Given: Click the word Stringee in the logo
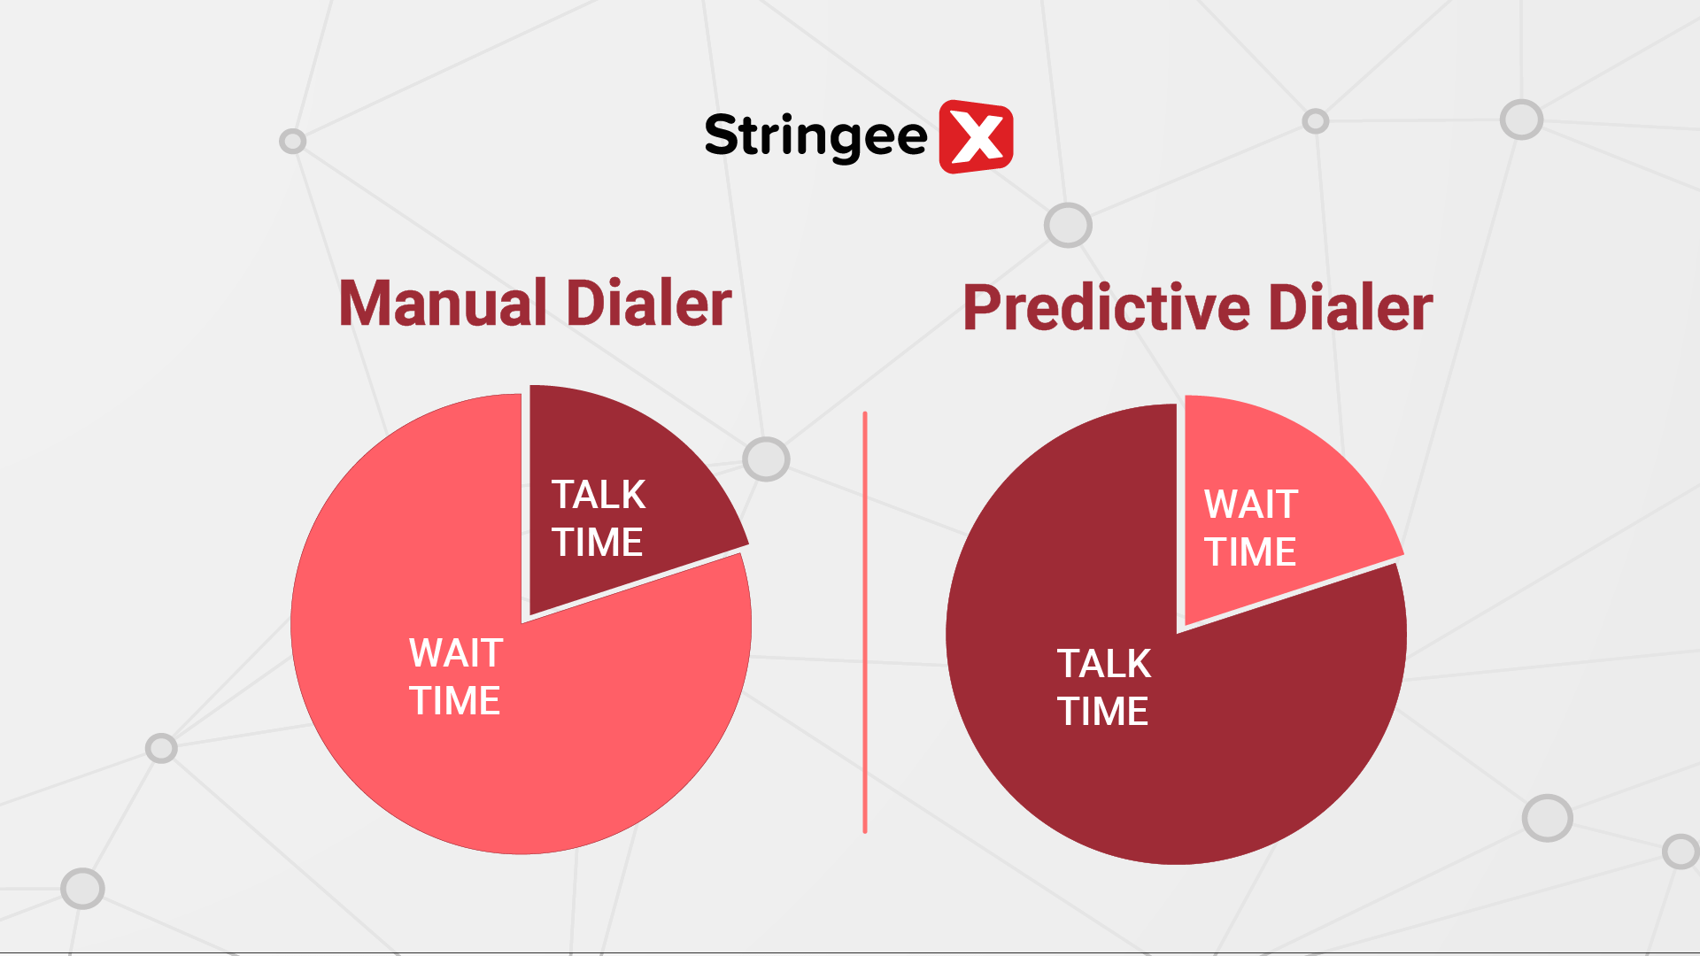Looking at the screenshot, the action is (815, 137).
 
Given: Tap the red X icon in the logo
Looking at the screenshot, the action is (976, 136).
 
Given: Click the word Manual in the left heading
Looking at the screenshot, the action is (444, 304).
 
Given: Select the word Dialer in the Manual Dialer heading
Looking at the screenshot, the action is (649, 304).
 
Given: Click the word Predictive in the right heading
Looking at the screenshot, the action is (1107, 308).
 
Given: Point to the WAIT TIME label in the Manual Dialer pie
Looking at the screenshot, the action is (456, 677).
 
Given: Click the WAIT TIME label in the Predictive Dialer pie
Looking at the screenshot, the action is (1251, 528).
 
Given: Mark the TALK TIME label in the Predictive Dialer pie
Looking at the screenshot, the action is (1104, 688).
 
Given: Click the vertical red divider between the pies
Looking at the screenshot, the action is (865, 622).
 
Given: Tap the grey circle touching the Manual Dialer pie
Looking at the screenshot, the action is (766, 459).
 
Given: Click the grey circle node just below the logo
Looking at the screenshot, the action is (1068, 225).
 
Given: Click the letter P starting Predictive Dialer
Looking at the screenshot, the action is (982, 308).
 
